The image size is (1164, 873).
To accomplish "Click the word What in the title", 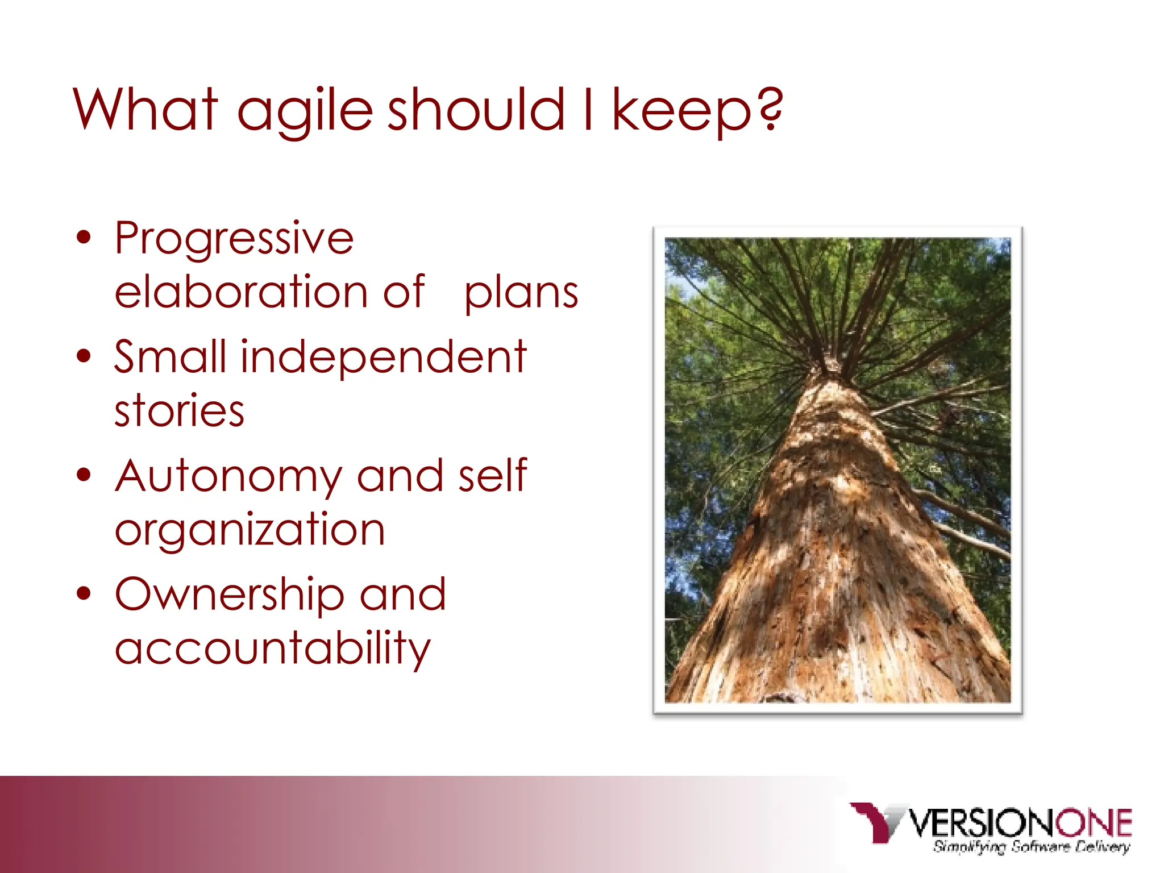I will tap(145, 109).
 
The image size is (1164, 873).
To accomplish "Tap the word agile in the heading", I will tap(305, 111).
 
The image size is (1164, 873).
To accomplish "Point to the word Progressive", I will tap(234, 239).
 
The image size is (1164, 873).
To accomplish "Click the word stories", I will tap(180, 410).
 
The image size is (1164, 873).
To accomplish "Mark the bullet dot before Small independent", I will tap(84, 357).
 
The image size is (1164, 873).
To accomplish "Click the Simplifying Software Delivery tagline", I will tap(1031, 847).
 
